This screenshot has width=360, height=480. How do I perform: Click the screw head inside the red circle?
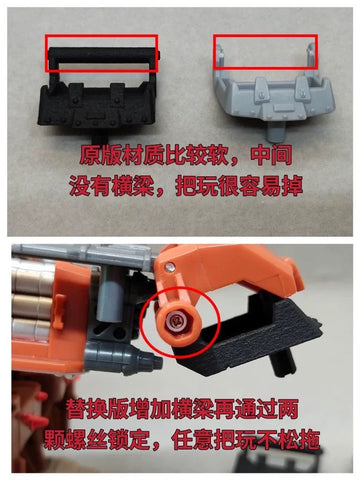(x=177, y=319)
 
